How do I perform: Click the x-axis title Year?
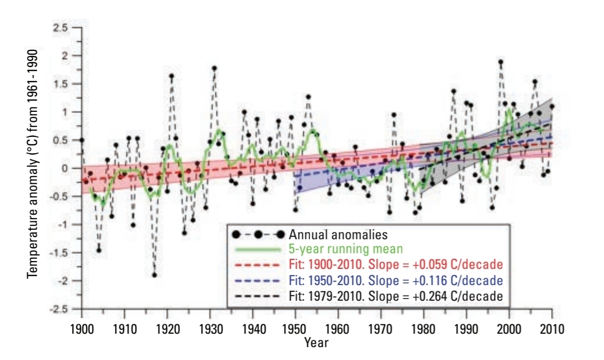(x=317, y=343)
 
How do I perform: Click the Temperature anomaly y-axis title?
(x=32, y=168)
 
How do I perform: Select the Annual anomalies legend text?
(x=338, y=234)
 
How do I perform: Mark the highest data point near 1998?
(x=501, y=62)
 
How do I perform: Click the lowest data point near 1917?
(x=154, y=274)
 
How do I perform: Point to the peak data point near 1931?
(x=214, y=68)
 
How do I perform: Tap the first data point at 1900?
(x=82, y=140)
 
